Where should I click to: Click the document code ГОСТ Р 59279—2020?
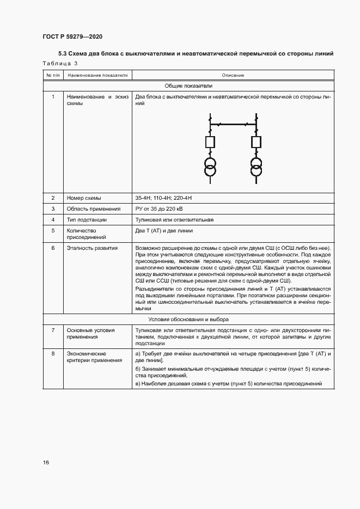72,36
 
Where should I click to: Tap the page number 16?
46,463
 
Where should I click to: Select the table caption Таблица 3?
60,64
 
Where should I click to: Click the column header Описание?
233,75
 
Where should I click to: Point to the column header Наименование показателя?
97,75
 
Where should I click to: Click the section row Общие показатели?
188,86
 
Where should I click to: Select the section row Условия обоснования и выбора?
188,319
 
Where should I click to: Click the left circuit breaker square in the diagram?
210,143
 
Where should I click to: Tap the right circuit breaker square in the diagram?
256,143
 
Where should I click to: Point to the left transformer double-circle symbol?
210,166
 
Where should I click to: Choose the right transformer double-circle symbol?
256,166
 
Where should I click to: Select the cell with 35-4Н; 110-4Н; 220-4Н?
164,198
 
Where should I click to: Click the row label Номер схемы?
84,198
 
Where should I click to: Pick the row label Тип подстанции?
87,220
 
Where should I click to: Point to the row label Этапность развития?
92,248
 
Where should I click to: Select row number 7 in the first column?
53,330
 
